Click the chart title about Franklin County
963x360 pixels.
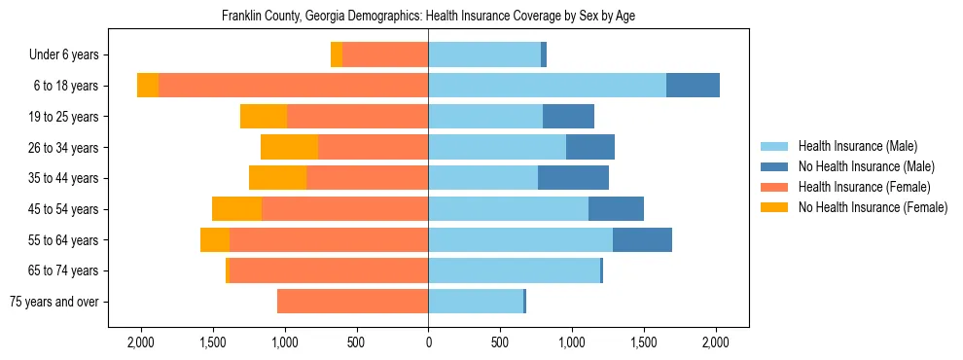coord(428,17)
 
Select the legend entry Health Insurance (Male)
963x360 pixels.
coord(857,146)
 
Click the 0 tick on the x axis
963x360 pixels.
coord(428,342)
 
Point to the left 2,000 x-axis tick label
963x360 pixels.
coord(140,342)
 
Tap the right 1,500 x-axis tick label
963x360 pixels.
coord(644,342)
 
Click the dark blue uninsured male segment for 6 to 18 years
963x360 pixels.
coord(693,86)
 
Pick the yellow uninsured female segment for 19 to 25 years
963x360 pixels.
coord(264,117)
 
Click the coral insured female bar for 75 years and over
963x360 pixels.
coord(352,302)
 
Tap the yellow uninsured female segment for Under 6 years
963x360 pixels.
coord(337,55)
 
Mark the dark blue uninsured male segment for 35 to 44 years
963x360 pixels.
coord(573,178)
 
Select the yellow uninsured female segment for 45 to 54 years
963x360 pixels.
coord(236,209)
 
